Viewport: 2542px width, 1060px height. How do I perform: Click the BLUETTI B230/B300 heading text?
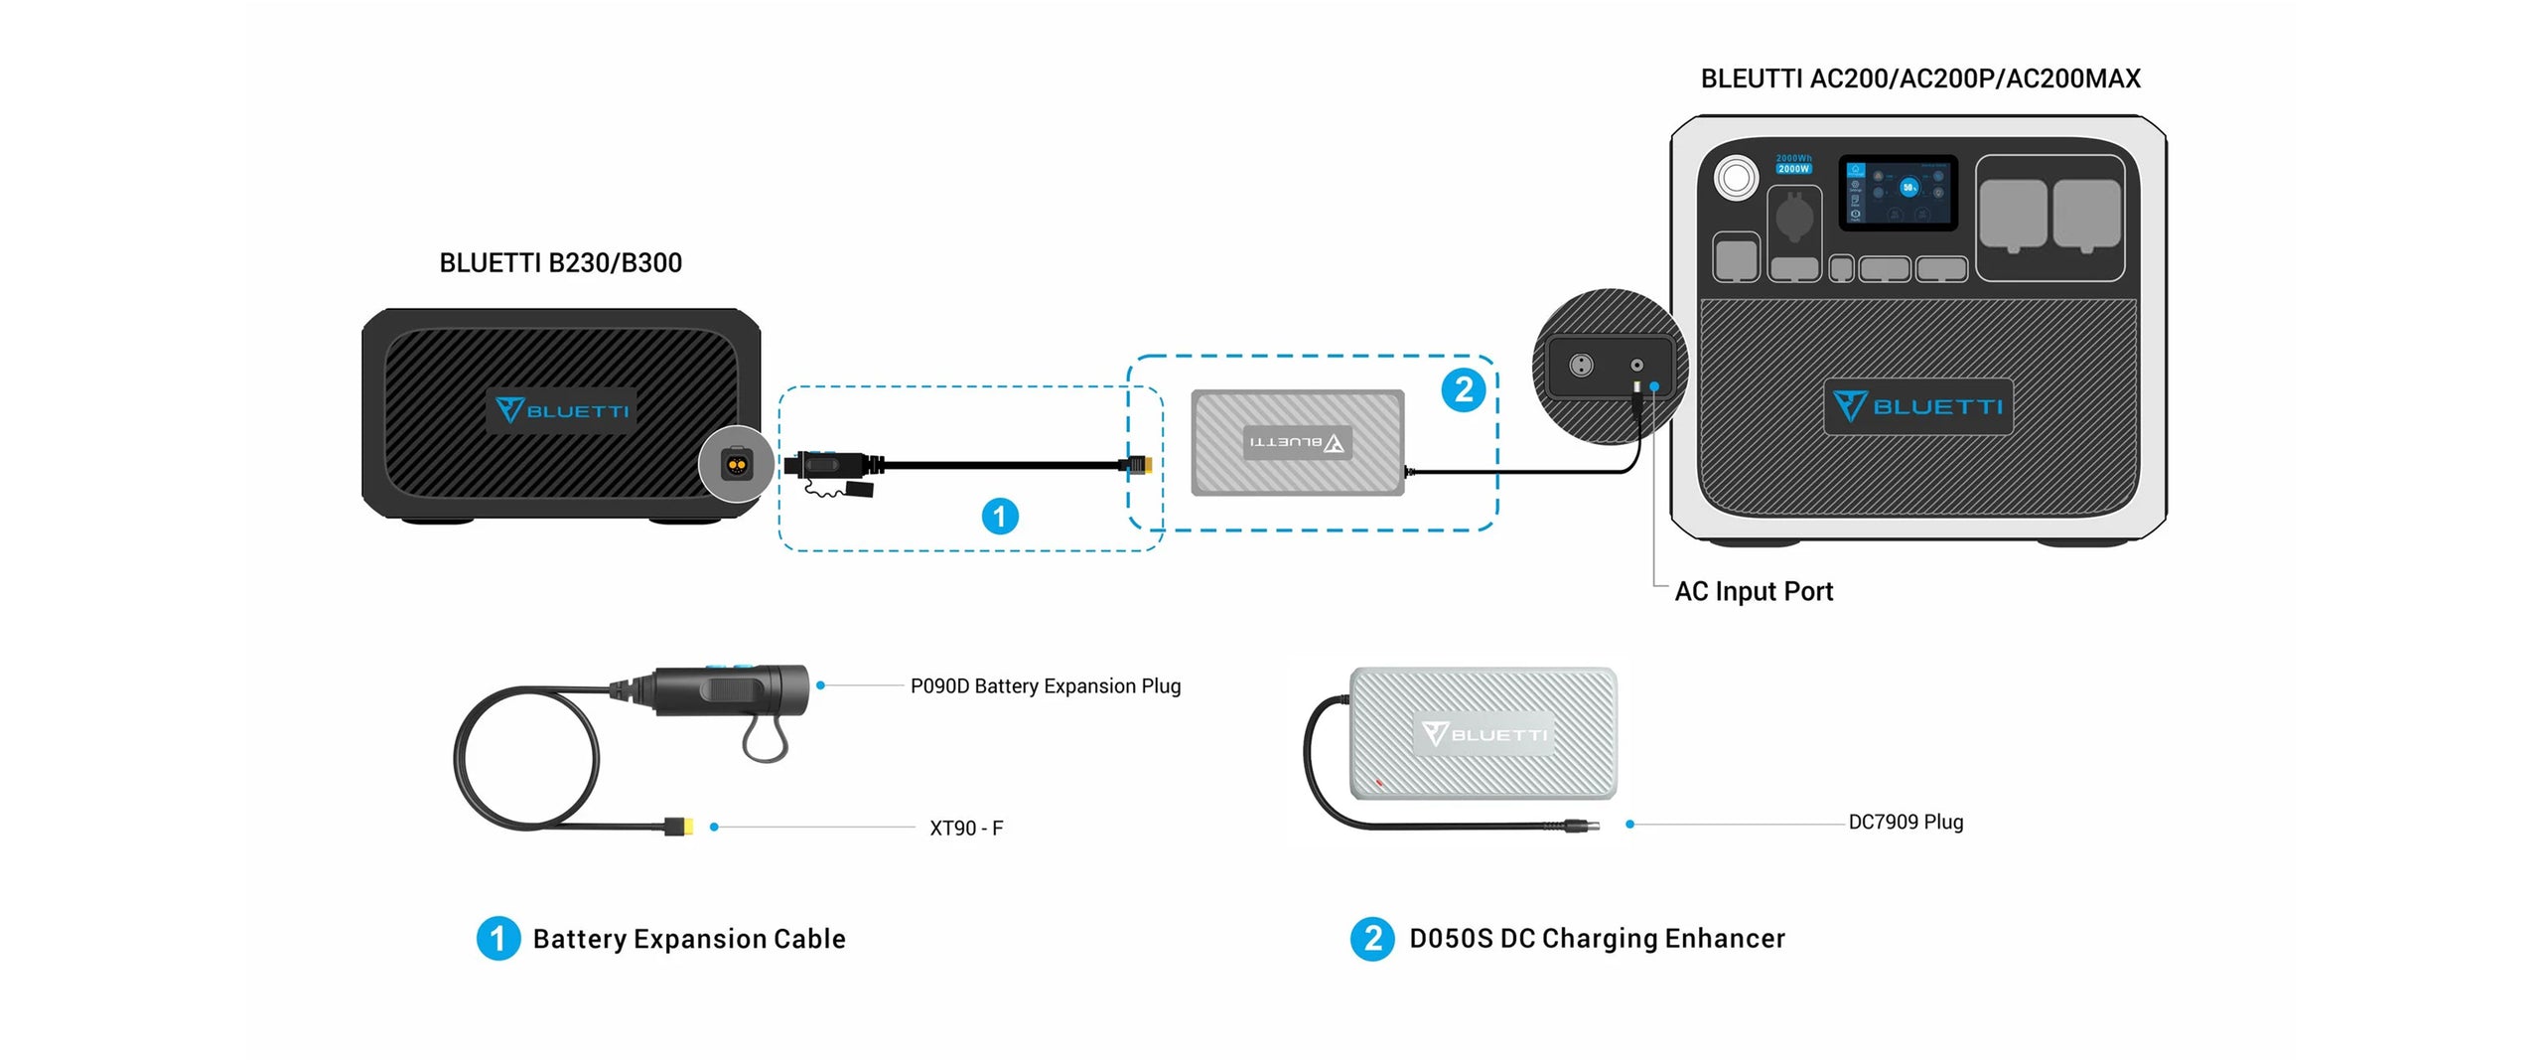[560, 263]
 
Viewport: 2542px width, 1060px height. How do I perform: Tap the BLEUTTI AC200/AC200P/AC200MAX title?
[1919, 78]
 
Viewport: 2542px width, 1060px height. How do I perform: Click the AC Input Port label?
[1753, 591]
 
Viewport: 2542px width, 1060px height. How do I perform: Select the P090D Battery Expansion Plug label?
[1045, 685]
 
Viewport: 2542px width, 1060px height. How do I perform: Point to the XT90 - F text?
[965, 828]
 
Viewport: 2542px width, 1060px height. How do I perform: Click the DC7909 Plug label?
[1905, 822]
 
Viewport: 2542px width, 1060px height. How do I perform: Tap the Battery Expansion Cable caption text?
[688, 939]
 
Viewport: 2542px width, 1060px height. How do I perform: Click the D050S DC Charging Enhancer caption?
[1596, 939]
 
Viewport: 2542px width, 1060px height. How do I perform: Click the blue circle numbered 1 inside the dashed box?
[999, 517]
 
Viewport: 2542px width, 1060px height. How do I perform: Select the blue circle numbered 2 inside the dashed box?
[1463, 389]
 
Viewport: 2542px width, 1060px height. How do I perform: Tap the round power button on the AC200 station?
[1736, 178]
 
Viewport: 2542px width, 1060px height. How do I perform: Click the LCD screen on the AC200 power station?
[1897, 193]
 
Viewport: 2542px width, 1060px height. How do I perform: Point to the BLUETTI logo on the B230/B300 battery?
[562, 410]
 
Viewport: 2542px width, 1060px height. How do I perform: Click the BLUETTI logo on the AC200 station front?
[1917, 406]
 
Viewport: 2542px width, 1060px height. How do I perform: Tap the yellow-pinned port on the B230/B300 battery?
[736, 464]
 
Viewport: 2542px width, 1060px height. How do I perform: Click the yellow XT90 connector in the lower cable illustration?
[680, 826]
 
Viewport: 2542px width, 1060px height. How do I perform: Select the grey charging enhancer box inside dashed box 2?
[1297, 442]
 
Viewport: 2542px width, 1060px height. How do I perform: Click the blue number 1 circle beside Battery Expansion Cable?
[497, 939]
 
